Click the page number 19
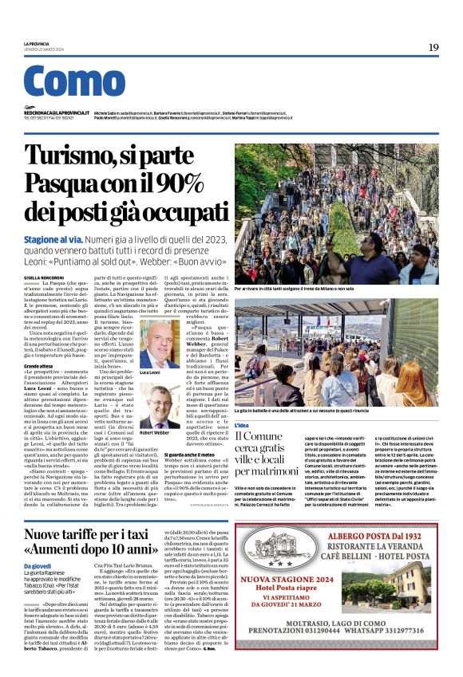click(433, 47)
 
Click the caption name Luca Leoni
click(150, 373)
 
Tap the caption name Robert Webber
click(155, 433)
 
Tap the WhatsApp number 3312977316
click(400, 655)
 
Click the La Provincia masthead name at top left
click(36, 43)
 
